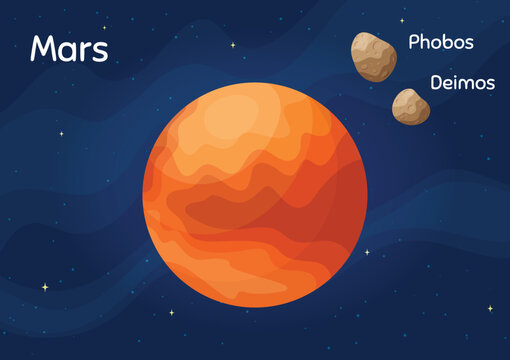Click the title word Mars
coord(69,49)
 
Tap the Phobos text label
coord(441,43)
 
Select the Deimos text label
coord(462,83)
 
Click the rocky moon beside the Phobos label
coord(373,56)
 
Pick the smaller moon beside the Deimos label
coord(410,106)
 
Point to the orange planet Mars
coord(254,195)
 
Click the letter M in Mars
coord(43,49)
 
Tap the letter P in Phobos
coord(414,43)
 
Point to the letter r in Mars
coord(83,51)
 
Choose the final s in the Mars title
coord(99,51)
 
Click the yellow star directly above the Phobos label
coord(402,20)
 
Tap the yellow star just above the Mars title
coord(104,27)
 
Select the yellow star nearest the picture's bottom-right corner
coord(490,308)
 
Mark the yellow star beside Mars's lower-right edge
coord(367,252)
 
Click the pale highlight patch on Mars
coord(229,121)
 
